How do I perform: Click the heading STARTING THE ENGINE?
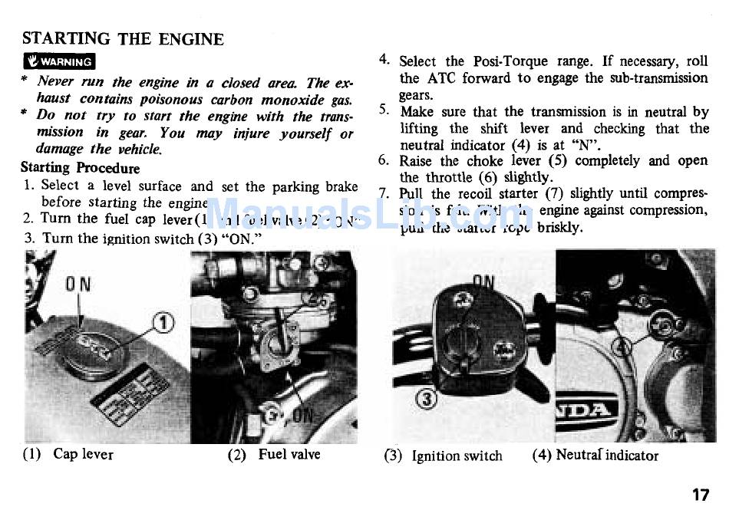(123, 38)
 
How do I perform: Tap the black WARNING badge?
(60, 62)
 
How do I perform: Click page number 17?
(699, 495)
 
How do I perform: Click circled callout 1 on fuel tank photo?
(164, 324)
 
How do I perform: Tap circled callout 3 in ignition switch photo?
(427, 398)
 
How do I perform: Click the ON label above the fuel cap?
(78, 285)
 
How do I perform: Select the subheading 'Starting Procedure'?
(80, 168)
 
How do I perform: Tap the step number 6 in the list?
(384, 161)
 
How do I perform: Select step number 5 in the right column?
(384, 112)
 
